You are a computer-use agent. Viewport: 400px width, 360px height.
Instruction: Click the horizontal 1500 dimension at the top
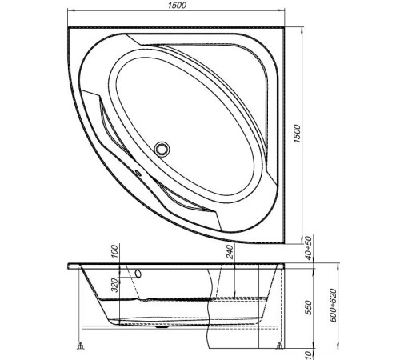coord(178,6)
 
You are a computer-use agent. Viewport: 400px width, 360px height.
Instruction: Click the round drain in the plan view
coord(164,148)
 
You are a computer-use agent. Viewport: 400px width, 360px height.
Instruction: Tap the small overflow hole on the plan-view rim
coord(136,171)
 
